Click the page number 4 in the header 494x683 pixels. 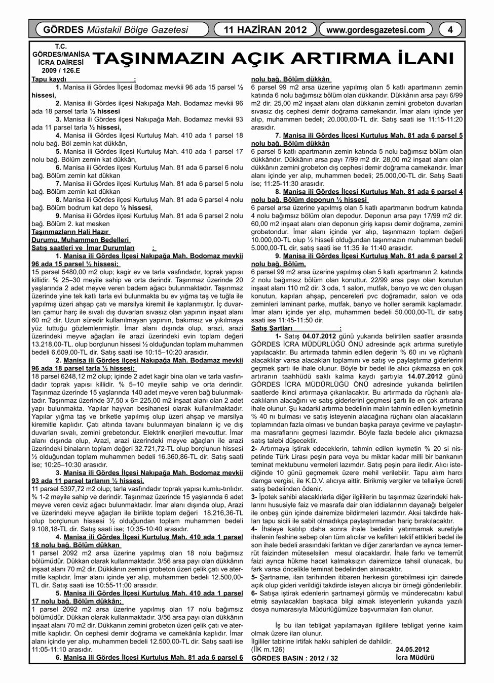[x=450, y=30]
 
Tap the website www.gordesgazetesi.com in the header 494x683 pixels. [x=375, y=30]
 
